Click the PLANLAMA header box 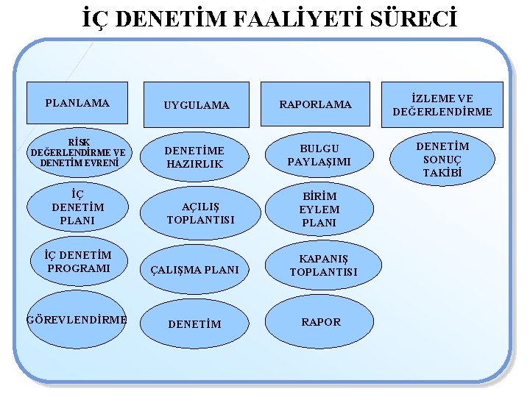click(77, 103)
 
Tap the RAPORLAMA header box click(315, 104)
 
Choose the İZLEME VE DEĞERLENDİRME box click(442, 105)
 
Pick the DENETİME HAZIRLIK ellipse click(195, 157)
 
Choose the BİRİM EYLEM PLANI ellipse click(319, 210)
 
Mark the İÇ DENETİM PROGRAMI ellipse click(77, 262)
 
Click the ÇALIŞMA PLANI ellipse click(195, 270)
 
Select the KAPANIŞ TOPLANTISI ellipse click(324, 265)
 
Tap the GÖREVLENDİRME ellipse click(77, 319)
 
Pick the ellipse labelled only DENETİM click(195, 323)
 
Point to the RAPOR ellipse click(321, 322)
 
